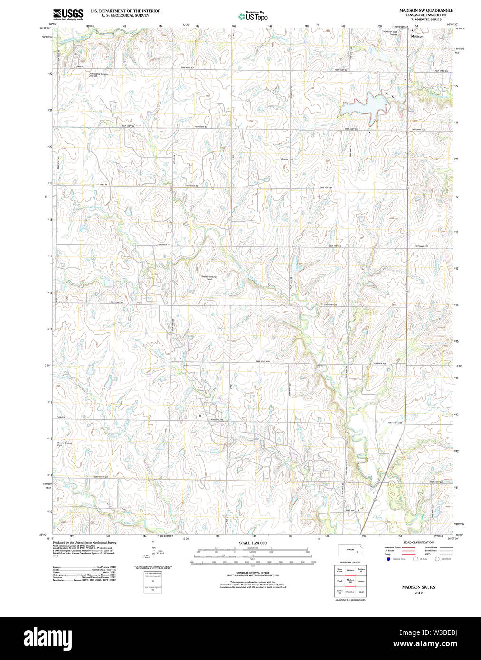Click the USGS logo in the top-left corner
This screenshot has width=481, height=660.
tap(68, 14)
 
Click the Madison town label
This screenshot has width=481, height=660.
tap(417, 36)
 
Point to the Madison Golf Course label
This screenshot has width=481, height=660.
tap(390, 33)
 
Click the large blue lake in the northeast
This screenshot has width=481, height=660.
tap(363, 105)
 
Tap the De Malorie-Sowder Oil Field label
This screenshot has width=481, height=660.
tap(98, 75)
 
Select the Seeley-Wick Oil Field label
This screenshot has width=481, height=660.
tap(209, 278)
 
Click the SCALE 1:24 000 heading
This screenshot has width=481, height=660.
tap(253, 543)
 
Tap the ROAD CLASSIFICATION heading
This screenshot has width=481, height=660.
tap(418, 542)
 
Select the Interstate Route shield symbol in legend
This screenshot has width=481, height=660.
tap(388, 559)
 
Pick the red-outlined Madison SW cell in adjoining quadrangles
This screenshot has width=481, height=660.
tap(350, 581)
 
